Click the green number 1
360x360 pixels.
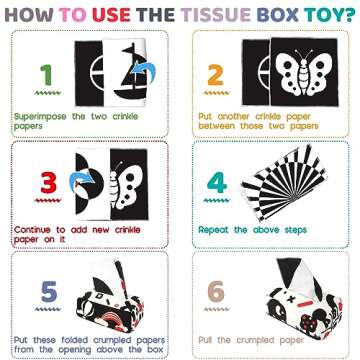point(43,74)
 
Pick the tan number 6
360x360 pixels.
point(217,293)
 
